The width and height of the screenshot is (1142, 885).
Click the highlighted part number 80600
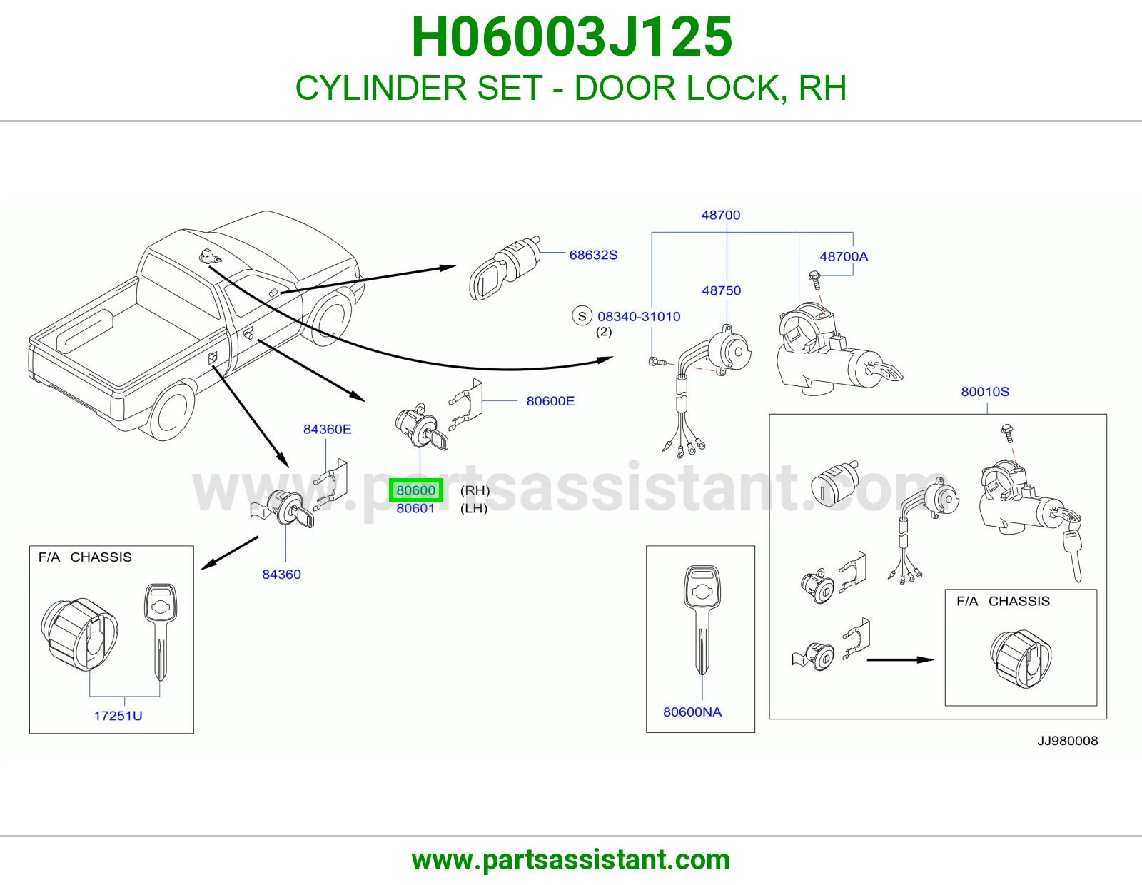click(x=415, y=490)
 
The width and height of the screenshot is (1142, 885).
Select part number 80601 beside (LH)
click(x=415, y=508)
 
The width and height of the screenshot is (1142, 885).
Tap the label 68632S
click(x=593, y=255)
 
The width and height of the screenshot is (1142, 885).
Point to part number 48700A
click(x=844, y=256)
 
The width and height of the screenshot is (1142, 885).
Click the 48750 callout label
click(x=722, y=290)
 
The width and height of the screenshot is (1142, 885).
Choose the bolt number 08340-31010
click(x=639, y=316)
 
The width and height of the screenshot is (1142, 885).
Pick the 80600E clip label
click(x=551, y=401)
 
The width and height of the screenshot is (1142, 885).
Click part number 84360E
click(x=328, y=430)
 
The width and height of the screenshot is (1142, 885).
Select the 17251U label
click(x=118, y=716)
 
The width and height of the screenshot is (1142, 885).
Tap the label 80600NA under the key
click(x=692, y=712)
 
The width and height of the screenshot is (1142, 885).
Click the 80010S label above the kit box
click(x=986, y=392)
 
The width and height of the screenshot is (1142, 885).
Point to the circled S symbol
click(x=582, y=316)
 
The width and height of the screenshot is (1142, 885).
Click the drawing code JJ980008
click(x=1068, y=741)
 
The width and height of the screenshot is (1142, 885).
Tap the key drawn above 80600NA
click(x=702, y=620)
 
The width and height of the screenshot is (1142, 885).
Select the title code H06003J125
click(x=572, y=37)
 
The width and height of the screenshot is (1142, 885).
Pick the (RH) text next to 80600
click(x=475, y=490)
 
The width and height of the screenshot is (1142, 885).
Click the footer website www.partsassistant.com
click(x=571, y=860)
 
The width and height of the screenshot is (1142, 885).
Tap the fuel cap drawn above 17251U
click(x=79, y=634)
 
